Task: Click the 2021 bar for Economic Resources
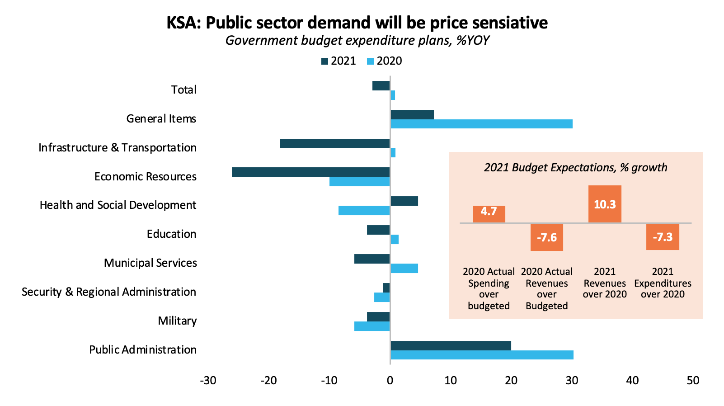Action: click(310, 172)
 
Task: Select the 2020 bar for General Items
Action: click(481, 124)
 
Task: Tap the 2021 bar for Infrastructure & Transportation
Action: click(334, 143)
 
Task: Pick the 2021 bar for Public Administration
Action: click(451, 346)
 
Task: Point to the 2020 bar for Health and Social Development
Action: click(364, 211)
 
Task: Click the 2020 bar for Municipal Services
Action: click(404, 269)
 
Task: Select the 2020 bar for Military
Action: click(371, 326)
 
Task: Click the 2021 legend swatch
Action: click(324, 61)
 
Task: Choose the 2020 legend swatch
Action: click(371, 61)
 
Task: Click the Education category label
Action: click(171, 234)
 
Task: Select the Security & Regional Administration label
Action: click(109, 292)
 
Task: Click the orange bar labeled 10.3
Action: click(605, 204)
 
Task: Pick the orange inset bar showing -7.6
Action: click(546, 237)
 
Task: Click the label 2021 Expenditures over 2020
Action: click(663, 283)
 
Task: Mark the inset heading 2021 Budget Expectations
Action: click(575, 168)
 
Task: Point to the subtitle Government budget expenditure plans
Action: click(357, 41)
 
